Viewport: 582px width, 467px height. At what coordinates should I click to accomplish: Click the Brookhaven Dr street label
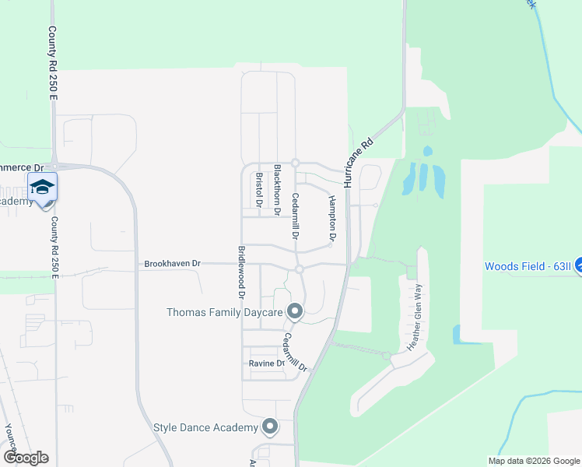[172, 264]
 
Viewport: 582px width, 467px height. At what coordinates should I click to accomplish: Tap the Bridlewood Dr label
[241, 272]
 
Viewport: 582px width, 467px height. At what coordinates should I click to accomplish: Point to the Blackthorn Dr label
[277, 184]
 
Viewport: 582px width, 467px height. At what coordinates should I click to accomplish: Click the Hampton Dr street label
[332, 218]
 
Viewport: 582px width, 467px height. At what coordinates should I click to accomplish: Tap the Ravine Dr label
[267, 363]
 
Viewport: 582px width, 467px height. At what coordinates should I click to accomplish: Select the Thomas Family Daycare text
[223, 312]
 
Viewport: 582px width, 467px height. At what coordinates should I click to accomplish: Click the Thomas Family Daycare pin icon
[295, 311]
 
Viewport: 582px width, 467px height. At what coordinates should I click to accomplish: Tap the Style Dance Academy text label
[205, 427]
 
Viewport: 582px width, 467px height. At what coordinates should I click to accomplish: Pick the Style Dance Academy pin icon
[270, 427]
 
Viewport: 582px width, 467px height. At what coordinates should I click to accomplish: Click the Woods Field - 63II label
[528, 266]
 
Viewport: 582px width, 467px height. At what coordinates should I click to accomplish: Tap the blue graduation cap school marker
[42, 186]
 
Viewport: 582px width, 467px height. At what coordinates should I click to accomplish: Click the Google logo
[26, 457]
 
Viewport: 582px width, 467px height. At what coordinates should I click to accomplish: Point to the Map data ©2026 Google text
[533, 460]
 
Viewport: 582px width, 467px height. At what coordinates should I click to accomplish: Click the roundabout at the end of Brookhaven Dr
[299, 269]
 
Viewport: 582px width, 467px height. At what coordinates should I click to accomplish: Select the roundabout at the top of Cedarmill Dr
[296, 163]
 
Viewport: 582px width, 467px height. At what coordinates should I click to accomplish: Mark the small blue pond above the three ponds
[427, 150]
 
